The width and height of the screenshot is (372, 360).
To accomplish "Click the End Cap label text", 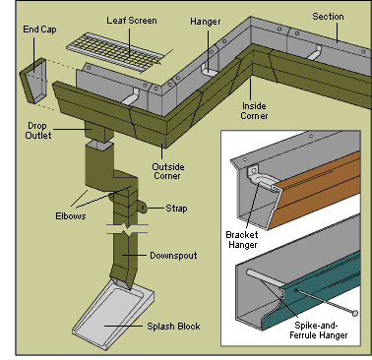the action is coord(39,30).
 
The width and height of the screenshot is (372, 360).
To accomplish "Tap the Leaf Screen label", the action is coord(132,21).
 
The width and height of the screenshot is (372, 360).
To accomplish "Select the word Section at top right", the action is coord(328,17).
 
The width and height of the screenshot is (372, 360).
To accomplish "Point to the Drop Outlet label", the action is coord(38,131).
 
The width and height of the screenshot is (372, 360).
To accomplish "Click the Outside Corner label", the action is coord(168,171).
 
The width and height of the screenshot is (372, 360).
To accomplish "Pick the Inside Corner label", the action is coord(254,111).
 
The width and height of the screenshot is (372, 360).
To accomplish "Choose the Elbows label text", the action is coord(71,216).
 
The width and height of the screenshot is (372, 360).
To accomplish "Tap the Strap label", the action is coord(176,209).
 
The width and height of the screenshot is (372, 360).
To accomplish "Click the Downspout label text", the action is coord(173,256).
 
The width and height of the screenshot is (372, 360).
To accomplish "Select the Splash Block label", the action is coord(173,327).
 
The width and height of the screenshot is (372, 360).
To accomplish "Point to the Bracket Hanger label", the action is coord(242,240).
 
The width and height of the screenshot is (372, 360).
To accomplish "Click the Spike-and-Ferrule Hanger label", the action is coord(318,330).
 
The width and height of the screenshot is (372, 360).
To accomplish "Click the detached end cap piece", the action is coord(33,81).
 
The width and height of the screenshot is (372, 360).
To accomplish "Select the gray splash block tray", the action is coord(113,315).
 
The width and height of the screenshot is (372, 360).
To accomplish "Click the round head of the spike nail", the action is coord(354,313).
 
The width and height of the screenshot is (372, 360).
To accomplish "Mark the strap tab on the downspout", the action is coord(142,207).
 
